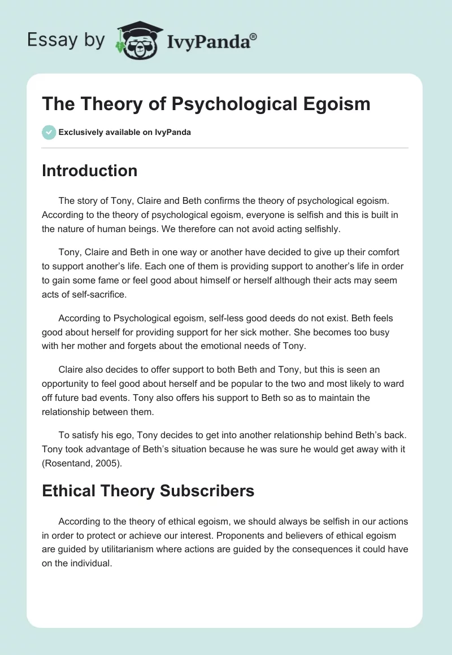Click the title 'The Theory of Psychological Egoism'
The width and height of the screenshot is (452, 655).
206,104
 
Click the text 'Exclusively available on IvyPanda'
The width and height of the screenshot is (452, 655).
125,133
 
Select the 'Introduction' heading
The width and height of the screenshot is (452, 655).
90,171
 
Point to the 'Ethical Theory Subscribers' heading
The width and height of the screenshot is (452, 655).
148,491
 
